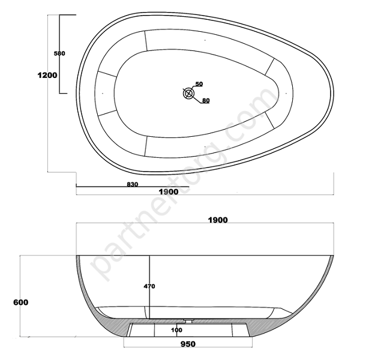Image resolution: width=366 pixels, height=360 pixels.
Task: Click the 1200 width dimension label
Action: (47, 75)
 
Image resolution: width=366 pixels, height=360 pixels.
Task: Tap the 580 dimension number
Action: (59, 53)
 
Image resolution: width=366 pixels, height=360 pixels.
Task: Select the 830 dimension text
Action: (133, 184)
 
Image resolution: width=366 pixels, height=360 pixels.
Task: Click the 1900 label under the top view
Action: (169, 192)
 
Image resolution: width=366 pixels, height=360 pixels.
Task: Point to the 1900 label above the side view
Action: (218, 220)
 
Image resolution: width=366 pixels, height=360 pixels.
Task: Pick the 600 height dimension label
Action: (21, 302)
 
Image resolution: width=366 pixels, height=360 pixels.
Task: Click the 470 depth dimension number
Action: (149, 286)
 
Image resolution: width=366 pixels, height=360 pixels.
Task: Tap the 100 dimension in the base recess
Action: (176, 330)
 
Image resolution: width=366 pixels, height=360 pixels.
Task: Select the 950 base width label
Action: (188, 344)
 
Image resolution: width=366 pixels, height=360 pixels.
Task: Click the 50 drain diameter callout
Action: (199, 84)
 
